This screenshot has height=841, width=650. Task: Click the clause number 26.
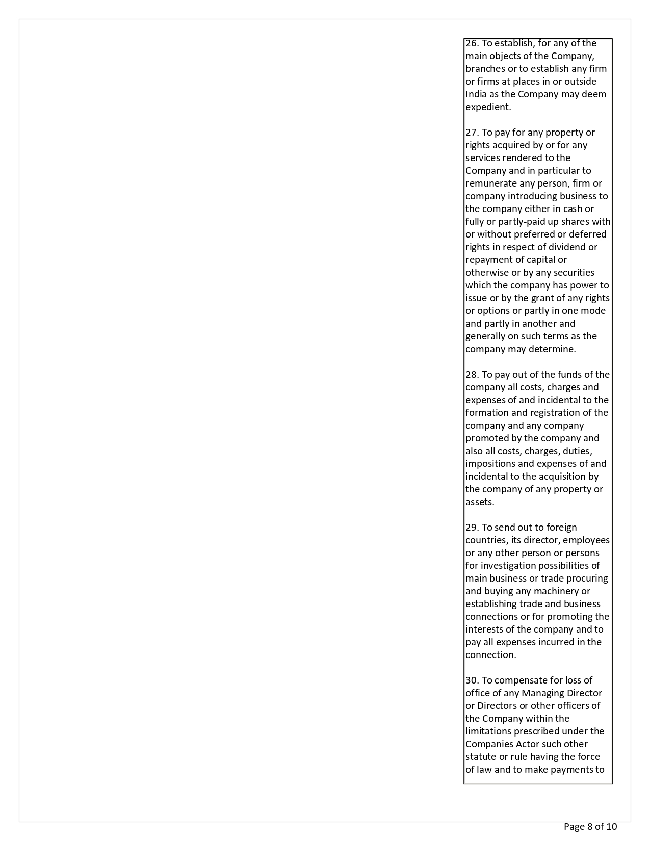pos(472,43)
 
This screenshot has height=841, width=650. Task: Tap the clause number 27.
pos(472,133)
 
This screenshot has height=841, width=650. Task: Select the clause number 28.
pos(472,375)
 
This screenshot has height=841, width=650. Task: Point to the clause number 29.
pos(472,528)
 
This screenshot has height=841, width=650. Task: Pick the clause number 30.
pos(472,680)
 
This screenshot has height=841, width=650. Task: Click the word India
pos(476,94)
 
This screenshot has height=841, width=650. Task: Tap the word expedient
pos(488,107)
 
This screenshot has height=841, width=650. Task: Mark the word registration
pos(557,413)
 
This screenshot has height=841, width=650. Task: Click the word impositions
pos(490,464)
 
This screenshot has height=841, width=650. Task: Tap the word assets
pos(479,502)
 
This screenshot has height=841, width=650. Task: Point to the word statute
pos(480,757)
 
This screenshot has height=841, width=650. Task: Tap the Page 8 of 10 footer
pos(590,826)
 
